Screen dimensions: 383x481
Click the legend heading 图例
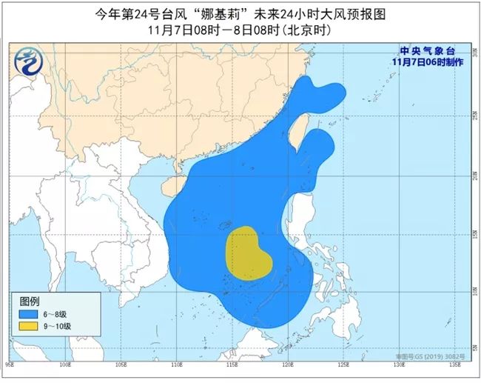pos(29,302)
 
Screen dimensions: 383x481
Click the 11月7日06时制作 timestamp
pos(428,62)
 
